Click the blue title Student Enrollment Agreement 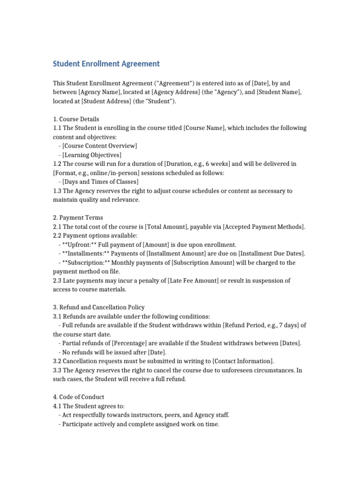[x=106, y=64]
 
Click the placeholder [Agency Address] [x=176, y=92]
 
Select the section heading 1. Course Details [x=76, y=119]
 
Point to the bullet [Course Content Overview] [x=99, y=146]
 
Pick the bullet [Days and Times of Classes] [x=100, y=182]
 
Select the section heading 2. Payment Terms [x=78, y=217]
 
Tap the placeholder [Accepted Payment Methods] [x=263, y=227]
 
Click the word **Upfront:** [x=79, y=245]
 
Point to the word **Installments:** [x=84, y=254]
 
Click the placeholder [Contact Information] [x=242, y=361]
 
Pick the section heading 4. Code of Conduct [x=79, y=397]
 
